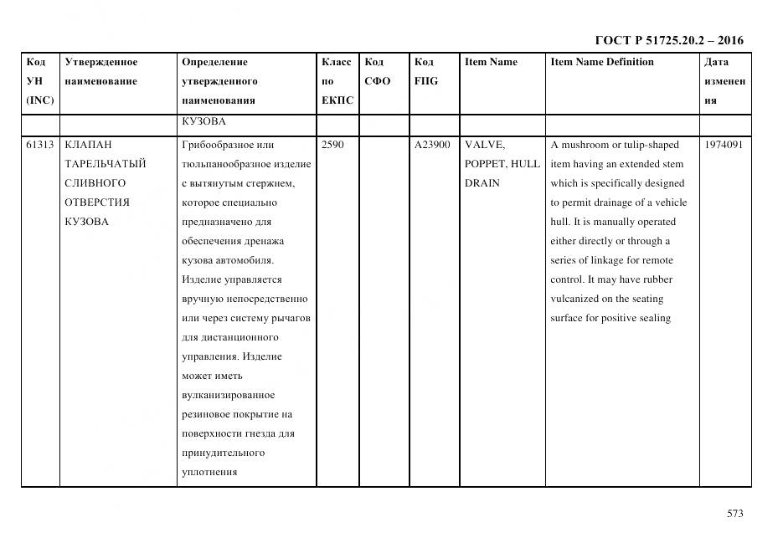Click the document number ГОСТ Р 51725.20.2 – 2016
tap(668, 40)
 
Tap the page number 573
tap(734, 514)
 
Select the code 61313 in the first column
tap(39, 145)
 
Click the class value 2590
tap(332, 145)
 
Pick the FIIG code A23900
tap(432, 145)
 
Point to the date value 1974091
tap(724, 145)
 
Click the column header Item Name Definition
tap(602, 62)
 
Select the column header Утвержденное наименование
tap(101, 72)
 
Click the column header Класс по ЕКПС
tap(337, 81)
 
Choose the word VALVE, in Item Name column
tap(485, 145)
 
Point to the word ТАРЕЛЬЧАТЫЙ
tap(106, 164)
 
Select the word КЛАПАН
tap(87, 145)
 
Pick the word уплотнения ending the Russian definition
tap(209, 472)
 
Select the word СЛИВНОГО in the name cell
tap(95, 183)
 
